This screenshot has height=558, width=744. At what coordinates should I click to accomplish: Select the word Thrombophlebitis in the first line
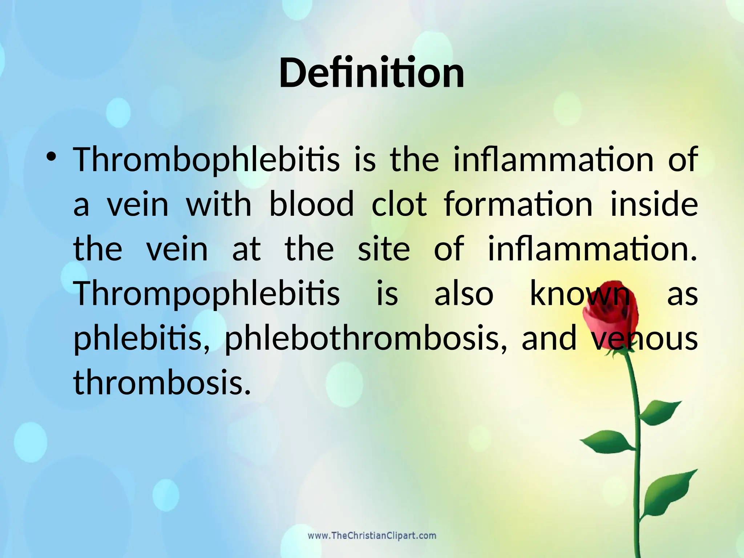tap(206, 160)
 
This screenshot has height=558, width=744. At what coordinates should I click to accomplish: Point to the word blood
tap(311, 204)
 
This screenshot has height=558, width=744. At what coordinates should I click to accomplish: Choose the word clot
tap(399, 204)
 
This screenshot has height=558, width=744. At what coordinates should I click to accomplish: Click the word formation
tap(518, 204)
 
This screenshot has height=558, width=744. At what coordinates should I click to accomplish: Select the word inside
tap(654, 204)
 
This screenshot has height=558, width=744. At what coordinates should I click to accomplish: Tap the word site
tap(384, 249)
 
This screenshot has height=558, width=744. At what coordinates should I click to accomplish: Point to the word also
tap(464, 294)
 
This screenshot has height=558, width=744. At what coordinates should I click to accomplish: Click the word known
tap(580, 294)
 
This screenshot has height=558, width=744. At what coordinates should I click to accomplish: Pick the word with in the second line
tap(219, 204)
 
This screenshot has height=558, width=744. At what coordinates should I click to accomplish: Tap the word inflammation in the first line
tap(554, 160)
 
